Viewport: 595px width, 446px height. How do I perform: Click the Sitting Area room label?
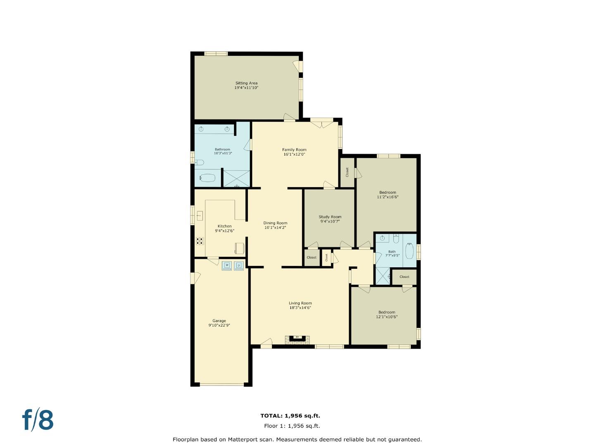point(246,83)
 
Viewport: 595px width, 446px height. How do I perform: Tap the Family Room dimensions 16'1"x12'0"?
point(294,154)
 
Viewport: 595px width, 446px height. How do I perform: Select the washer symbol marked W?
point(226,265)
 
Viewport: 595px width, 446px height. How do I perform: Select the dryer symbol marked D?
point(239,265)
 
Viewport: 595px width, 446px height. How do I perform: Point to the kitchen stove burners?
point(200,241)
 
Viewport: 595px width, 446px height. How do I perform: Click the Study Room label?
point(330,217)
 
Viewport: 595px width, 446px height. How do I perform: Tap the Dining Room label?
point(275,223)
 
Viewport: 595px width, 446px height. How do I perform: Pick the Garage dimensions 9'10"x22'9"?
point(219,325)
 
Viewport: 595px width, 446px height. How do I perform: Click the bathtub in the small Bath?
point(409,251)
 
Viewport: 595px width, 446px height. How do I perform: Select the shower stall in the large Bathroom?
point(236,178)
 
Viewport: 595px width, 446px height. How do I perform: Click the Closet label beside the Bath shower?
point(404,277)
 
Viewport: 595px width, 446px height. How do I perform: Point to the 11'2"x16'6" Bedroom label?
point(388,192)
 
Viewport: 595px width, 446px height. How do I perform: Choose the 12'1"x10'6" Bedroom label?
point(387,312)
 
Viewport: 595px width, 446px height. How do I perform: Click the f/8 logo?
point(38,420)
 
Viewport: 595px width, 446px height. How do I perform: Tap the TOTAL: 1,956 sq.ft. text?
point(290,416)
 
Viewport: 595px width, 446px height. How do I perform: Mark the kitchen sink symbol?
point(200,216)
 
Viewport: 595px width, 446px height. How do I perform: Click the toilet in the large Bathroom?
point(199,162)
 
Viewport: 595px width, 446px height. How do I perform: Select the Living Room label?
point(300,303)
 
